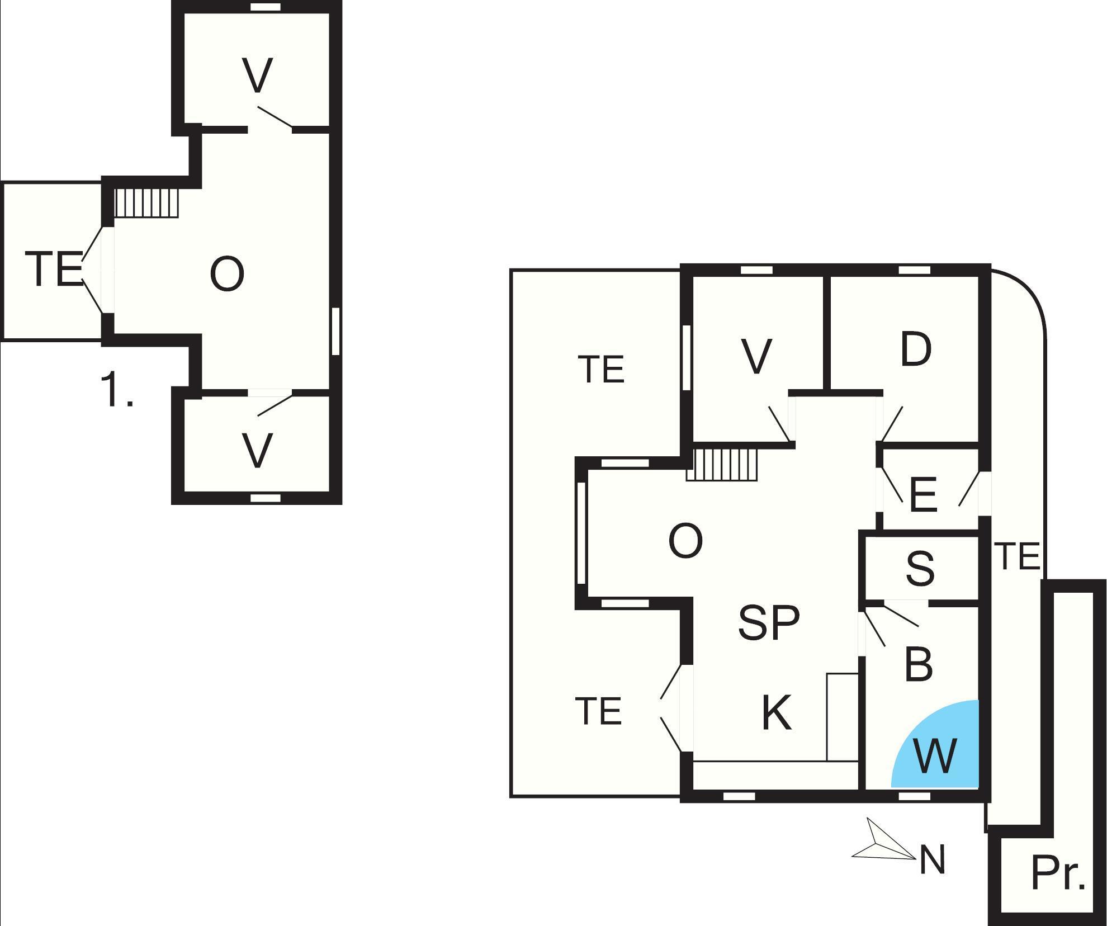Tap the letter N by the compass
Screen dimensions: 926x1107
pos(932,859)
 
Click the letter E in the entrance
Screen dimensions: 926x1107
pos(923,495)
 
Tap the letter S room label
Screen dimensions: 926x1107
pos(920,568)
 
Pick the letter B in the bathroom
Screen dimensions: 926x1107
pos(918,664)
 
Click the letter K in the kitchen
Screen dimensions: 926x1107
pos(777,712)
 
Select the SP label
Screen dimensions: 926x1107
pos(769,622)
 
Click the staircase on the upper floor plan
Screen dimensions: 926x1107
pos(146,203)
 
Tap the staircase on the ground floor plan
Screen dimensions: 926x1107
pos(722,464)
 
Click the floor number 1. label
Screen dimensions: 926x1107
pos(117,390)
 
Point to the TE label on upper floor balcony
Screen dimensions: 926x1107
pos(54,270)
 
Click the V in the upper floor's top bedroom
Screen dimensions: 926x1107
pos(258,75)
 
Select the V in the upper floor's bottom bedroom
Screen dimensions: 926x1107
pos(258,450)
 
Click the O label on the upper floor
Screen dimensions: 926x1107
pos(227,274)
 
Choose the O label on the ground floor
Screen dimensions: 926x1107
pos(685,541)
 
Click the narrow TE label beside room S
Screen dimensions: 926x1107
pos(1018,556)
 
